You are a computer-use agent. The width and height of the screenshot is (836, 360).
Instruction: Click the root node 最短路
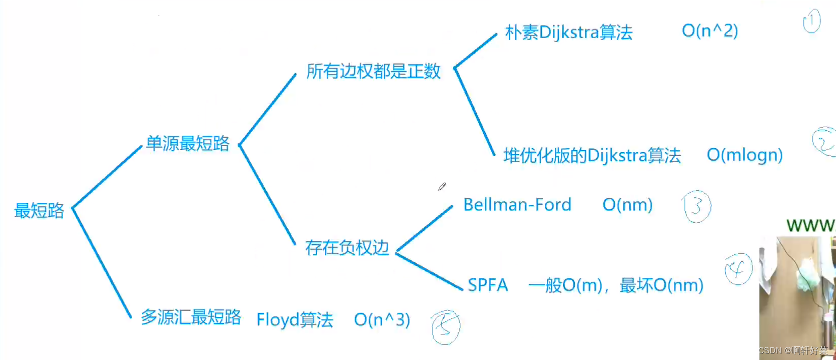click(39, 211)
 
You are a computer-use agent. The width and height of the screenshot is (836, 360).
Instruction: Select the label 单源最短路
click(188, 143)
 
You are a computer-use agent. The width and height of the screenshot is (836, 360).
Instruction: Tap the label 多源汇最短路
click(191, 317)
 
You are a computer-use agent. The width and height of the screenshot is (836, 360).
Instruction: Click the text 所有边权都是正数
click(373, 71)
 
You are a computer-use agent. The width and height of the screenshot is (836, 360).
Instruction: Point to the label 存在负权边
click(347, 248)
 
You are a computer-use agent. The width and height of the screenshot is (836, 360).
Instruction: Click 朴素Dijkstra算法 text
click(568, 33)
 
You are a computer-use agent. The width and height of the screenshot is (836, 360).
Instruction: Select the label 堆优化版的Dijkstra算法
click(592, 156)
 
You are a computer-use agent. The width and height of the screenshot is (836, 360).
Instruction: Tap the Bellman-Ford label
click(517, 205)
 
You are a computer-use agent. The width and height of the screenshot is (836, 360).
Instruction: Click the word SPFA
click(487, 285)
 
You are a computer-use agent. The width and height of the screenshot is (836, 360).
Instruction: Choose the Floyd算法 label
click(295, 320)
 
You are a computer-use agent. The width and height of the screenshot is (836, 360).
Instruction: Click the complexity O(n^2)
click(709, 31)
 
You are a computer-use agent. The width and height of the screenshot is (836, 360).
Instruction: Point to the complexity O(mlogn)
click(745, 155)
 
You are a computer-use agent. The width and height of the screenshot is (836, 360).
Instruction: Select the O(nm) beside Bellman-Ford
click(627, 205)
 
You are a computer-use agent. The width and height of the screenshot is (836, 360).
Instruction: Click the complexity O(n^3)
click(382, 320)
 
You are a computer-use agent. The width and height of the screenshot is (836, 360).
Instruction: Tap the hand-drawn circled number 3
click(697, 206)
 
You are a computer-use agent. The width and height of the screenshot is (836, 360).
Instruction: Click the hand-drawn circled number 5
click(446, 327)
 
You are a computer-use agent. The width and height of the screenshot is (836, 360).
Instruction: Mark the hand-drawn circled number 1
click(812, 21)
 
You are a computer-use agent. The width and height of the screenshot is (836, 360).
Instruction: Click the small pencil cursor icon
click(442, 187)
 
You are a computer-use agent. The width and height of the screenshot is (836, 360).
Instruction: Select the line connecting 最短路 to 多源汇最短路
click(102, 262)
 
